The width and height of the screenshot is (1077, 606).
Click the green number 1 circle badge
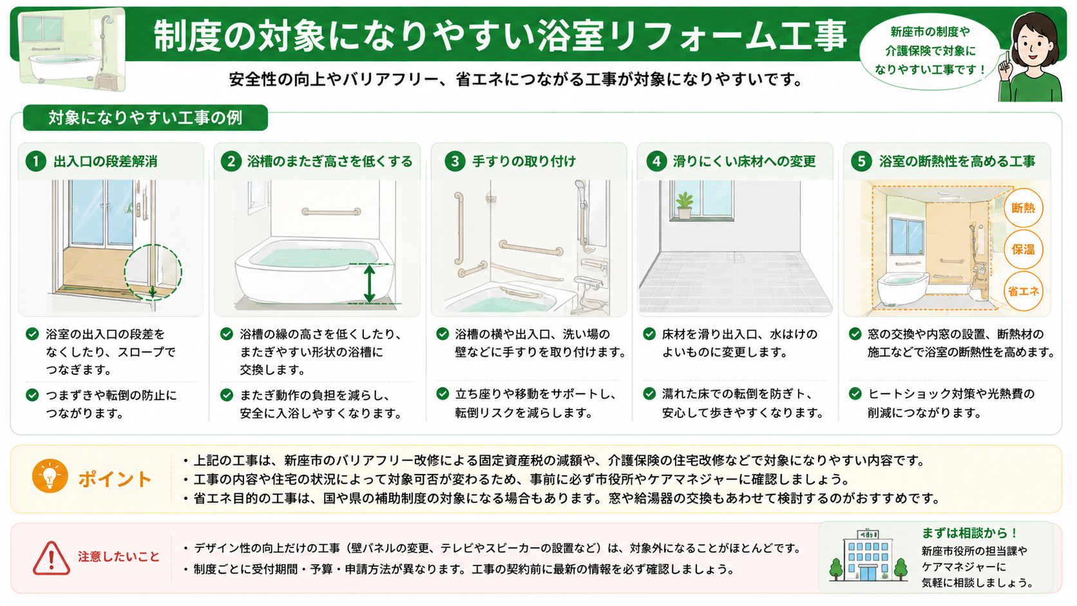click(35, 161)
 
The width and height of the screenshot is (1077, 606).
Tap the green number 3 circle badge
click(454, 161)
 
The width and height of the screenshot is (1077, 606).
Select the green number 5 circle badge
click(861, 161)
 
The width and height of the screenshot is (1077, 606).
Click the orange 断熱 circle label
click(1023, 207)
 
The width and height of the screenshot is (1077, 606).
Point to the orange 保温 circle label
click(1023, 249)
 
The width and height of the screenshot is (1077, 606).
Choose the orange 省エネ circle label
click(1023, 291)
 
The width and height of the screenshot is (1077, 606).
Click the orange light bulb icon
click(50, 477)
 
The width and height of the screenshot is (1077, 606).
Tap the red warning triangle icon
click(52, 558)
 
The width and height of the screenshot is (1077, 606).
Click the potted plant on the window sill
click(683, 205)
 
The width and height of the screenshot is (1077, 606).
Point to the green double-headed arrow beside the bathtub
click(369, 283)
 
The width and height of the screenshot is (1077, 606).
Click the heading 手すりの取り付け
click(524, 162)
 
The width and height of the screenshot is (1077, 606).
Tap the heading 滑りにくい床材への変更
click(744, 162)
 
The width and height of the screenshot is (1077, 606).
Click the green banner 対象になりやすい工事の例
click(145, 118)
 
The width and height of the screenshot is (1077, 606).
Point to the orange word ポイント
click(115, 479)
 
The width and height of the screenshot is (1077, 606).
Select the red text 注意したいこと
click(119, 556)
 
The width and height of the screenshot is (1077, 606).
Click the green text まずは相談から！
click(969, 533)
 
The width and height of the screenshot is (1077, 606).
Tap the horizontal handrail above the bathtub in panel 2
click(331, 211)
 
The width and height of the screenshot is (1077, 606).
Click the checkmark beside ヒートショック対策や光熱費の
click(855, 393)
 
